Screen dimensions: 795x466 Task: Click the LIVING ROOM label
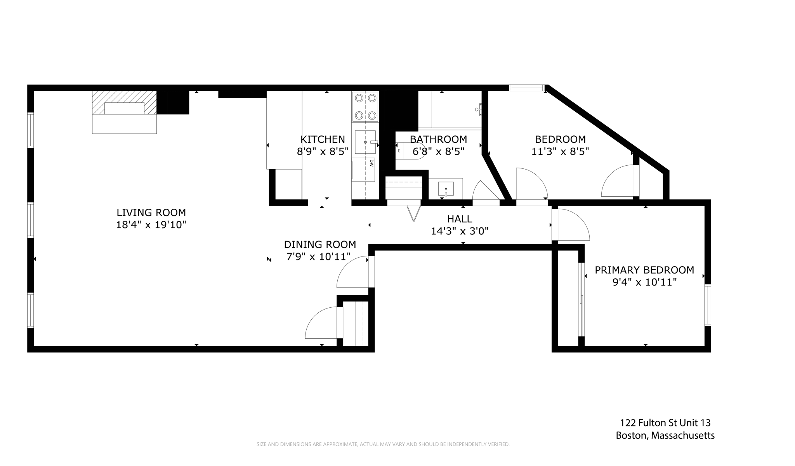[x=151, y=213]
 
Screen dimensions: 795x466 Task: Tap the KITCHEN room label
[x=323, y=139]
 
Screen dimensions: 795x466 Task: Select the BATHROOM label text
[x=438, y=139]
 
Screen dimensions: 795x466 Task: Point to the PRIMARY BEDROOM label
[x=644, y=270]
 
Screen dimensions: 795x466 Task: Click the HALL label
[x=460, y=219]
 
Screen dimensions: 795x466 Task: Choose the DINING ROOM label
[x=320, y=244]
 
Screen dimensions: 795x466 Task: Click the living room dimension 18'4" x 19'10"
[x=151, y=225]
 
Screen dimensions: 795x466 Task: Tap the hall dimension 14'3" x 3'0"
[x=460, y=231]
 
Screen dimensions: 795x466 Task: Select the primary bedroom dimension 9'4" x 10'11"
[x=644, y=282]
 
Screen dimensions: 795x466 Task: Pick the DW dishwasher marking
[x=371, y=163]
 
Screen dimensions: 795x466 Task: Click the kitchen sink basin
[x=365, y=142]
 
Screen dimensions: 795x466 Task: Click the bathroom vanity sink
[x=446, y=189]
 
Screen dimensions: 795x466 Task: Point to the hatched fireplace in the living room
[x=124, y=103]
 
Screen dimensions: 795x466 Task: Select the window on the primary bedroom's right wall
[x=708, y=305]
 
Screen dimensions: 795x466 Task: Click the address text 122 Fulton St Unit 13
[x=665, y=423]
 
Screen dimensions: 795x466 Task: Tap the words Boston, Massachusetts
[x=665, y=435]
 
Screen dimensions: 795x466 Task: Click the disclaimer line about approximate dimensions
[x=383, y=444]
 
